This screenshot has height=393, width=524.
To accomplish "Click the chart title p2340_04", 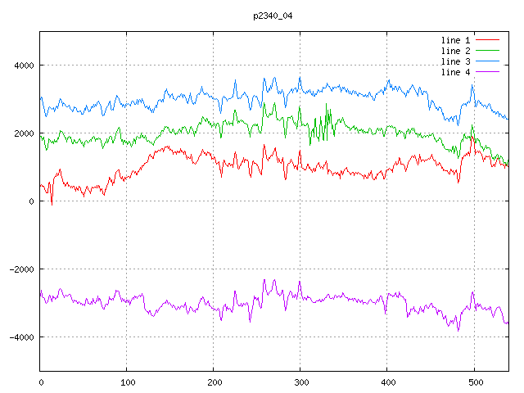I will coord(270,16).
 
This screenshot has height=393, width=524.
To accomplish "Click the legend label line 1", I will coord(456,40).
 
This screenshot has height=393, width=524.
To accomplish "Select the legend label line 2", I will coord(456,51).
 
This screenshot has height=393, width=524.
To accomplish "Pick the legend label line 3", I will coord(456,61).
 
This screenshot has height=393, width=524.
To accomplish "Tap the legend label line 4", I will coord(456,72).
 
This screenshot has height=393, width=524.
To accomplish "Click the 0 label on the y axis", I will coord(31,201).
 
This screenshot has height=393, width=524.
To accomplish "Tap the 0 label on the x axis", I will coord(41,382).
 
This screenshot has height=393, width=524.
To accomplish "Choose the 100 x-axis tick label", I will coord(127,382).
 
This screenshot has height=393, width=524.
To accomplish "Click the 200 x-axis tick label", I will coord(214,382).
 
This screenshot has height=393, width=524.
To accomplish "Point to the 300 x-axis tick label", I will coord(300,382).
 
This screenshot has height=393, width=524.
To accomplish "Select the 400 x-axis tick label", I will coord(387,382).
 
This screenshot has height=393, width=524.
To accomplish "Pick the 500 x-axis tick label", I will coord(474,382).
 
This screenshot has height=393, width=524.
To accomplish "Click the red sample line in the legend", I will coord(488,40).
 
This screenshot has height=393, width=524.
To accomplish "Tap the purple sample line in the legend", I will coord(488,72).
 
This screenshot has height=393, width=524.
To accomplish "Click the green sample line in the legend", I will coord(488,51).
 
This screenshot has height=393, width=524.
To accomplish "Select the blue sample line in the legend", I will coord(488,61).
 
